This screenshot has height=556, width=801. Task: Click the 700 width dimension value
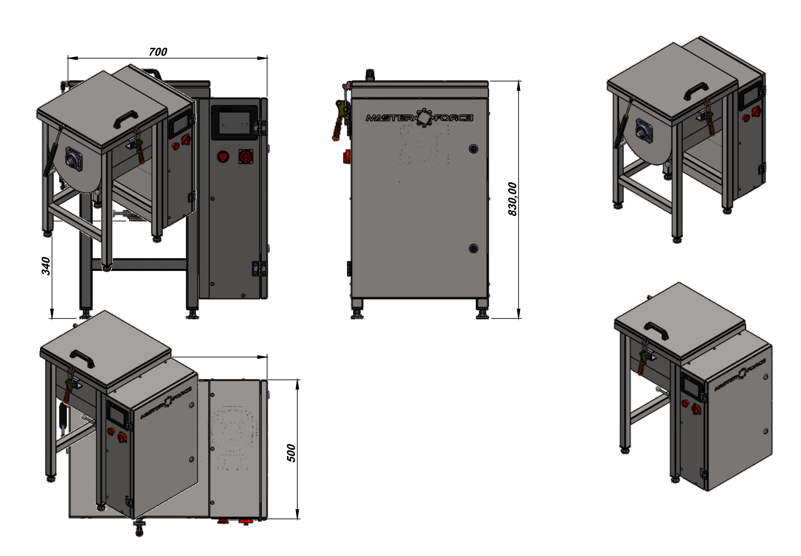[x=158, y=52]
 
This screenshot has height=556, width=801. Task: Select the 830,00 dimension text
[x=512, y=199]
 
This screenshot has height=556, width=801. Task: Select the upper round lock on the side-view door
[x=473, y=149]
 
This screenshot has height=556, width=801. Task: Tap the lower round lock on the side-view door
[x=473, y=248]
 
